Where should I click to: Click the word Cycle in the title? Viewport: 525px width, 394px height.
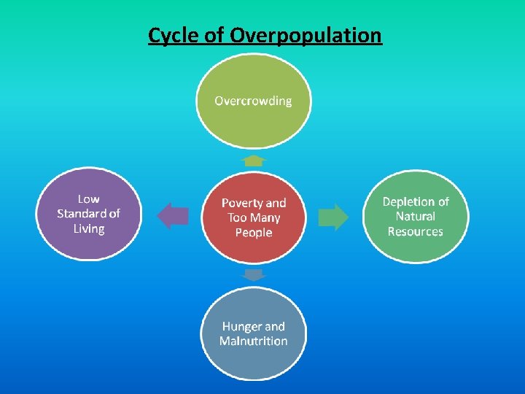tap(173, 35)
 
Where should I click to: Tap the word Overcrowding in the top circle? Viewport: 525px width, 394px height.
tap(253, 101)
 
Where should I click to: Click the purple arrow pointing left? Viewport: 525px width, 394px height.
tap(173, 216)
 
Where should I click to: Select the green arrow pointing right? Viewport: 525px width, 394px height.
tap(334, 217)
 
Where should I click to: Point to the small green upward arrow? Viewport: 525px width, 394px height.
tap(253, 160)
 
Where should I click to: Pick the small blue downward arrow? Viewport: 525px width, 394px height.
tap(253, 275)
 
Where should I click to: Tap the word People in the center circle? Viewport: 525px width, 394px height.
tap(254, 233)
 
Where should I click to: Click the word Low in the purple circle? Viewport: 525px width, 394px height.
tap(89, 198)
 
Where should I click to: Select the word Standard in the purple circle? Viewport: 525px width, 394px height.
tap(82, 214)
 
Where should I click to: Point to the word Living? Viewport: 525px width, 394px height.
tap(89, 229)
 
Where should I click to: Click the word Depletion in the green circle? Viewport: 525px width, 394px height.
tap(408, 201)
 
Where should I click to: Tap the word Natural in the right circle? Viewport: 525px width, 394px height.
tap(416, 216)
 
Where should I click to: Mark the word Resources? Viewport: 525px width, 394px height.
tap(416, 231)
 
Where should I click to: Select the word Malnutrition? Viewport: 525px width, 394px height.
tap(254, 341)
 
